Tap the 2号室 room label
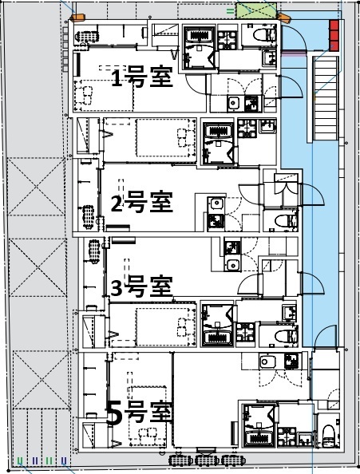click(141, 203)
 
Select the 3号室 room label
click(141, 285)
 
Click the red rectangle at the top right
click(334, 34)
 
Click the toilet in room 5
click(328, 436)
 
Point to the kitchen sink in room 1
click(234, 103)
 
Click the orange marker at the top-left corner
click(77, 18)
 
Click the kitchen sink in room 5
click(267, 362)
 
